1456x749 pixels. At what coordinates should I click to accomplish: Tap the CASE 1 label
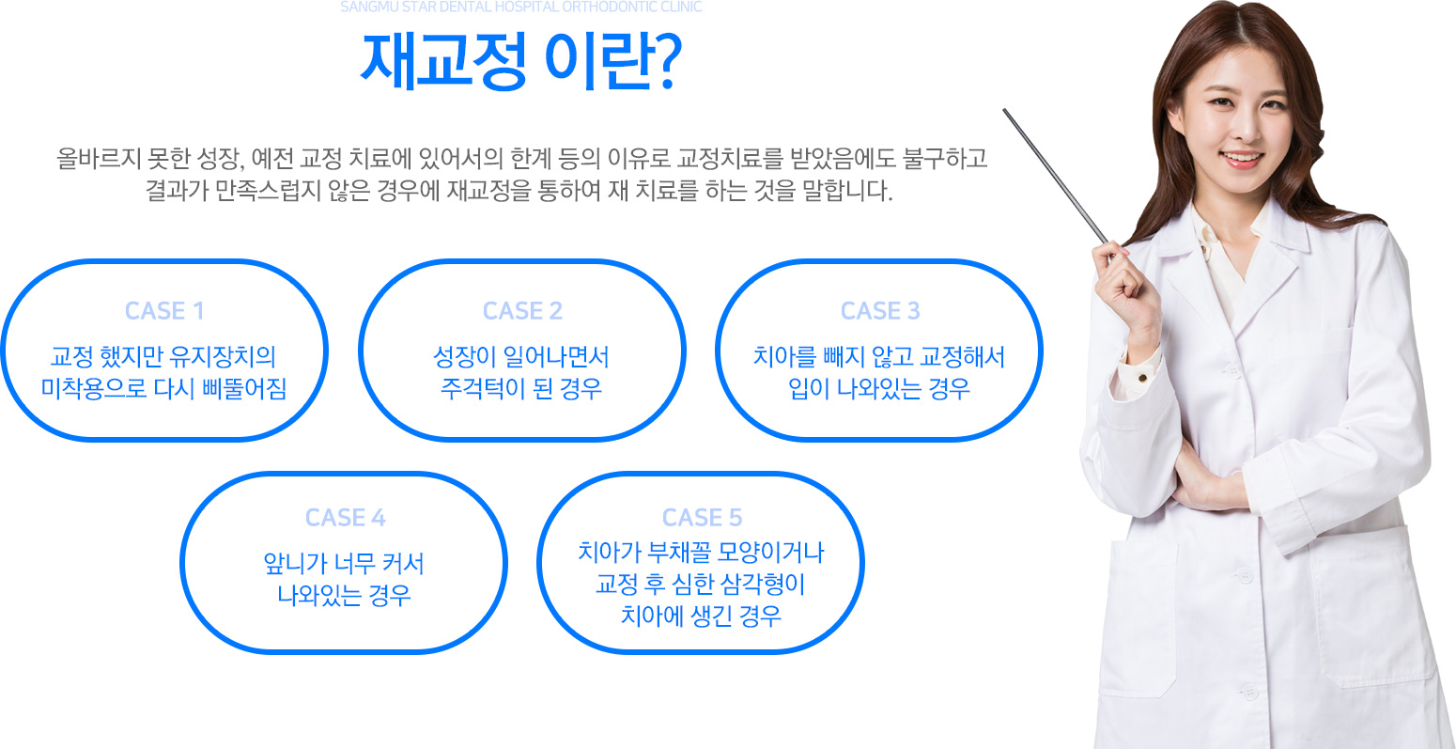(x=164, y=311)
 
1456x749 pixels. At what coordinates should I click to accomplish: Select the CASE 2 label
(x=522, y=311)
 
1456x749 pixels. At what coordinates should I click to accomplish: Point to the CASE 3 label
(x=880, y=311)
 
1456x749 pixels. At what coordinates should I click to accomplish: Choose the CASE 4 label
(x=345, y=518)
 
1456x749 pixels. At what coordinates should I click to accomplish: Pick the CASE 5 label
(x=702, y=518)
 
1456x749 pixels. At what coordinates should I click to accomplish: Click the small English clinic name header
(x=521, y=8)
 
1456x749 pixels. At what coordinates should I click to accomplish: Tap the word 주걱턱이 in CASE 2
(x=483, y=389)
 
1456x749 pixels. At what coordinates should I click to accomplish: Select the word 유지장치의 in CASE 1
(x=223, y=356)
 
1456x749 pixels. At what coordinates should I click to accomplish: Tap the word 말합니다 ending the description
(x=847, y=191)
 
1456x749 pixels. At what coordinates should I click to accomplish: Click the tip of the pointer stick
(x=1005, y=110)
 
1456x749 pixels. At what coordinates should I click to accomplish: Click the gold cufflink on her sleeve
(x=1142, y=377)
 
